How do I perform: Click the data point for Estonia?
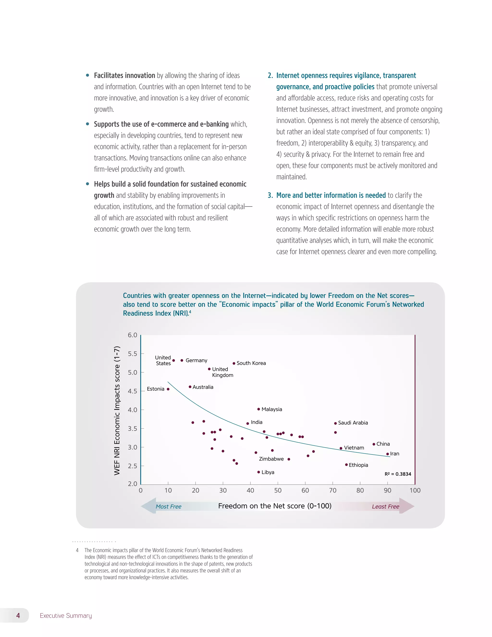coord(168,389)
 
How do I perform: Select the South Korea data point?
coord(234,363)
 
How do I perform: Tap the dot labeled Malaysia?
coord(258,409)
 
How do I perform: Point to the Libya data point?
coord(258,472)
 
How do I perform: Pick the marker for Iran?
coord(387,454)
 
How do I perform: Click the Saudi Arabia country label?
coord(353,423)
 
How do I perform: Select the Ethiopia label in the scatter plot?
coord(358,465)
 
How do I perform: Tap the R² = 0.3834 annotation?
coord(398,474)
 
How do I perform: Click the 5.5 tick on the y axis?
coord(132,354)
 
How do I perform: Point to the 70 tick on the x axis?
coord(332,490)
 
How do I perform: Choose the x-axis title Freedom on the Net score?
coord(275,506)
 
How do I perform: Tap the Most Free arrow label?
coord(168,507)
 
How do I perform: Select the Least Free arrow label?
coord(385,507)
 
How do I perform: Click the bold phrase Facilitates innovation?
coord(124,75)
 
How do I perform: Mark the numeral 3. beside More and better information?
coord(270,195)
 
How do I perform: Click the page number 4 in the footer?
coord(18,615)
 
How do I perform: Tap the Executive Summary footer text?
coord(66,615)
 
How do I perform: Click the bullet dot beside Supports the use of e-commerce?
coord(87,124)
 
